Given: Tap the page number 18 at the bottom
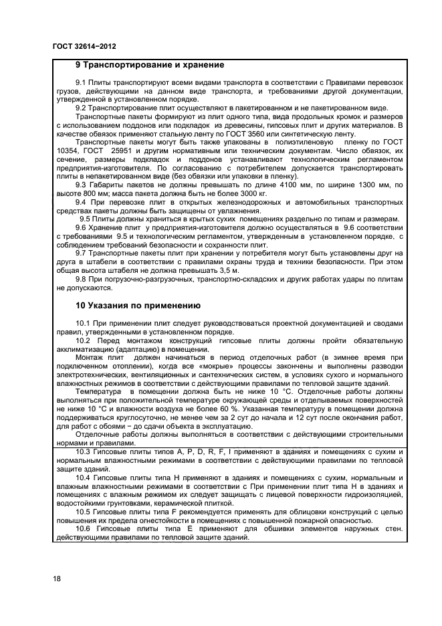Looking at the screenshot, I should click(57, 579).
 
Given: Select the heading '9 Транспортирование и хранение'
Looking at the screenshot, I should click(149, 66).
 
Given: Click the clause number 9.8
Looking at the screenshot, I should click(82, 279).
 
